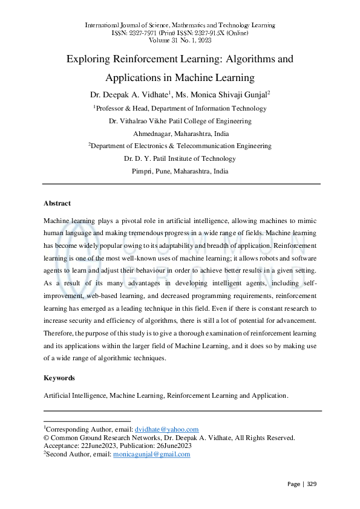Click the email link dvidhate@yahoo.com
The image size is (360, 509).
[x=166, y=429]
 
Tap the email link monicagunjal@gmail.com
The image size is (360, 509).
[x=152, y=454]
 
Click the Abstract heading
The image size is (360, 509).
[x=57, y=203]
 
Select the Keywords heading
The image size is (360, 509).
[x=59, y=378]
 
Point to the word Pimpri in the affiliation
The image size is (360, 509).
[x=142, y=171]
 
